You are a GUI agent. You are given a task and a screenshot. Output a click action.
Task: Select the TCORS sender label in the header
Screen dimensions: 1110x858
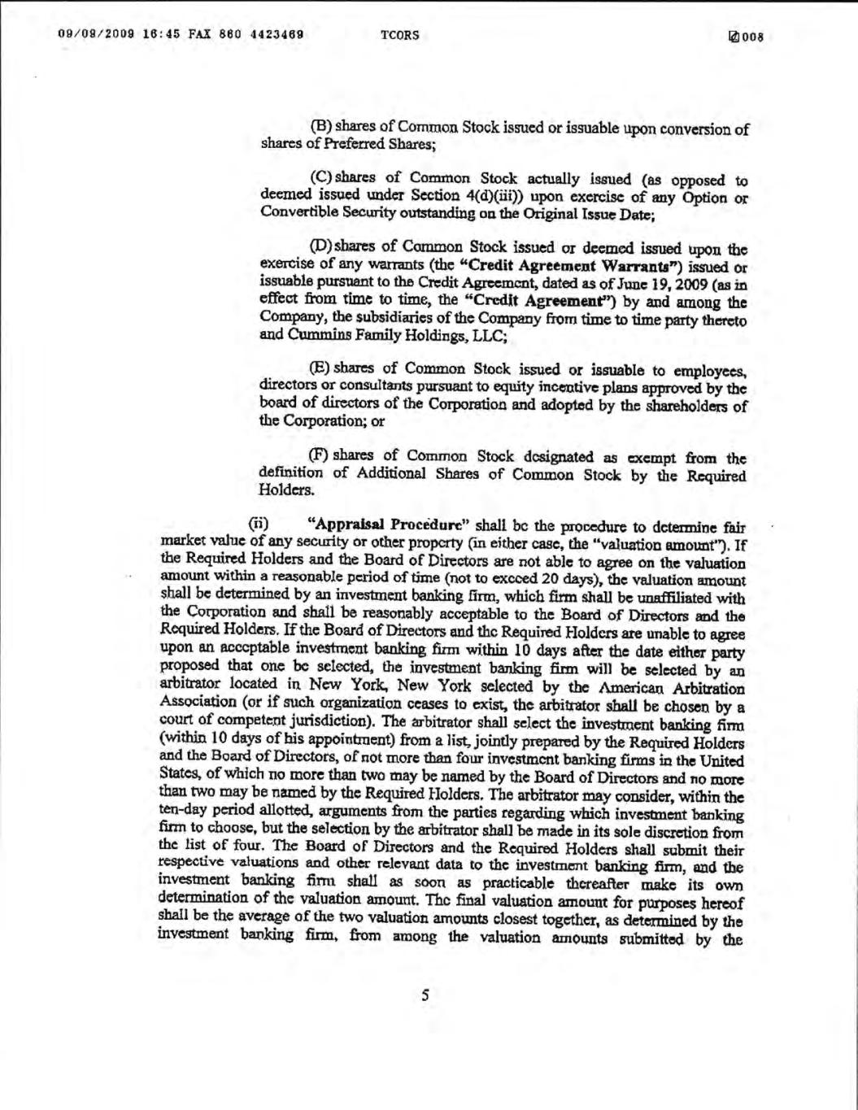(399, 35)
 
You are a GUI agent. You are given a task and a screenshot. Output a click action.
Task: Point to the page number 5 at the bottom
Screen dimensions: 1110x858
(425, 995)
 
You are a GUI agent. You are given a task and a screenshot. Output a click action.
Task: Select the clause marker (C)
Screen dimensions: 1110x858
(321, 179)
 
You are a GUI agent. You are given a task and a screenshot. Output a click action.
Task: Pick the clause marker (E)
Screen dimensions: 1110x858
(320, 367)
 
